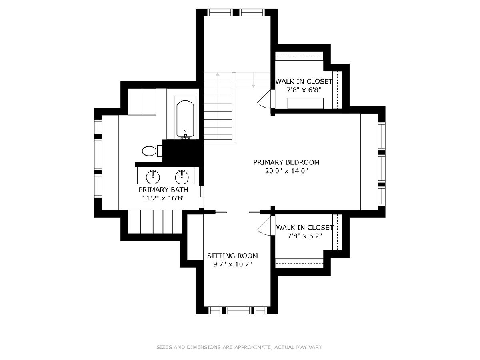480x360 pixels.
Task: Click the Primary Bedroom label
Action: [286, 162]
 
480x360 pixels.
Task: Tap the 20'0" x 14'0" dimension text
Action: [286, 171]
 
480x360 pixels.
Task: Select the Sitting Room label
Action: [232, 256]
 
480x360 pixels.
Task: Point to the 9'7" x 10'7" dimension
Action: [232, 264]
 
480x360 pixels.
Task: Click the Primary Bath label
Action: [163, 190]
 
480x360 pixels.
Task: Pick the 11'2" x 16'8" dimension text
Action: [163, 198]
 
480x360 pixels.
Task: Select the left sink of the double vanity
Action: [153, 177]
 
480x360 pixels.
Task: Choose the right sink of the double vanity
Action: [182, 177]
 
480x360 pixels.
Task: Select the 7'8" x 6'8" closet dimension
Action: [304, 90]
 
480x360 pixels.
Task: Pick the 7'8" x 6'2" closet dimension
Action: [305, 236]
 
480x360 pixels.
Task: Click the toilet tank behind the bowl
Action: [160, 151]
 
